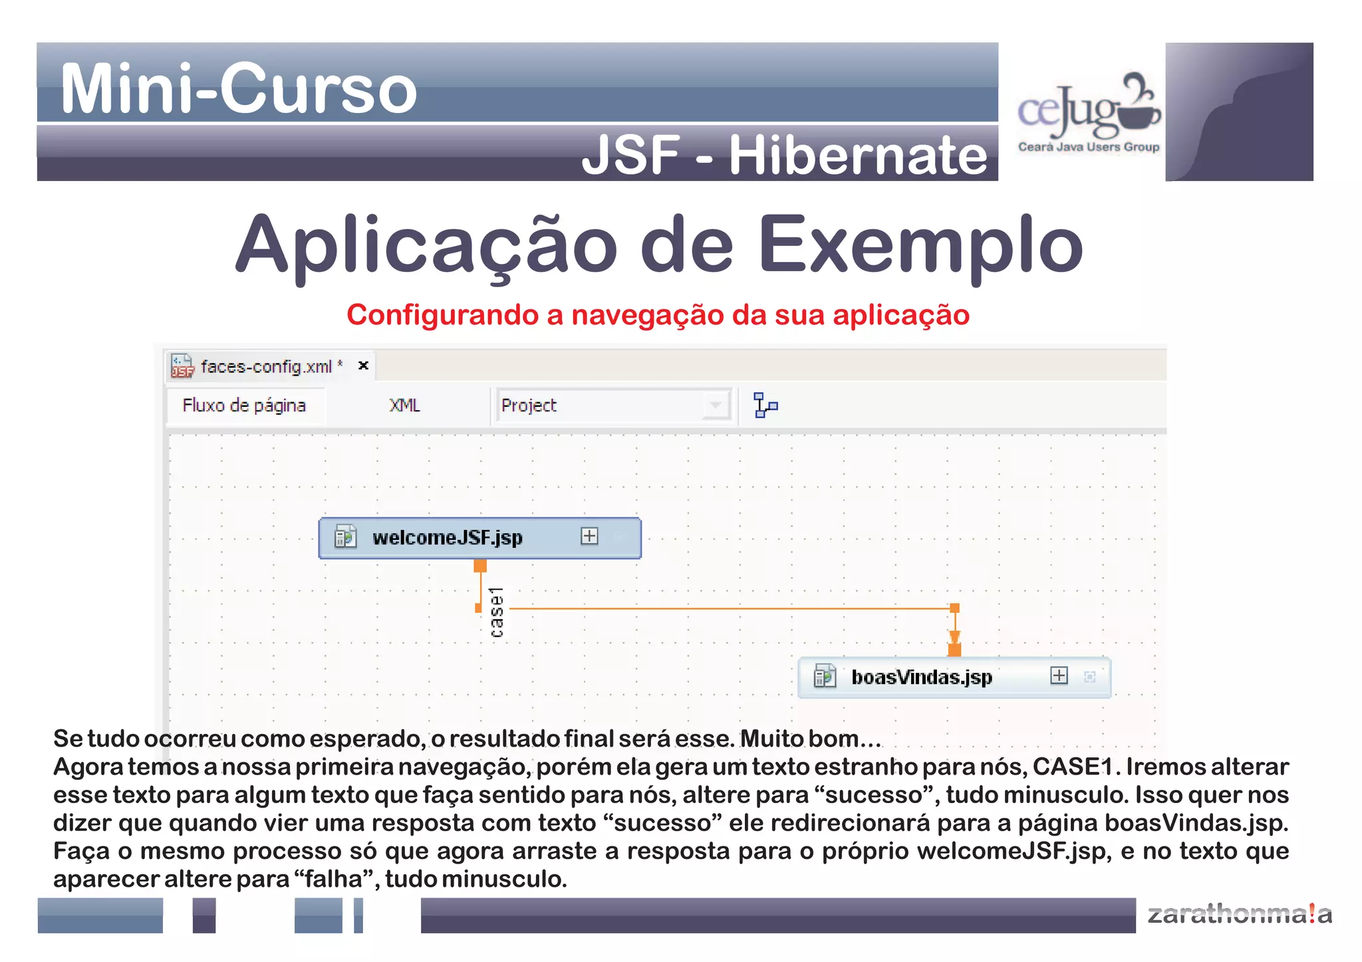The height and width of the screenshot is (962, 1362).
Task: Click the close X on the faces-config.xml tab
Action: (363, 365)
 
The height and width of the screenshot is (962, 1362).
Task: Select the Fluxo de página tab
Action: (244, 405)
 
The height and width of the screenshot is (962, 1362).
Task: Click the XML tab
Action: (404, 405)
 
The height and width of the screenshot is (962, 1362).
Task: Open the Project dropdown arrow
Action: (716, 405)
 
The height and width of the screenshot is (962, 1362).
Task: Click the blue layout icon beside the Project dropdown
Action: (765, 405)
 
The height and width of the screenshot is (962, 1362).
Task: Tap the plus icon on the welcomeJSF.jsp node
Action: (589, 536)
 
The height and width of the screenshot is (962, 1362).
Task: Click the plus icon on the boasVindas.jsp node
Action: (1059, 675)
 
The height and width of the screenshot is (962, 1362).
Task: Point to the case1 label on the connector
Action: (497, 612)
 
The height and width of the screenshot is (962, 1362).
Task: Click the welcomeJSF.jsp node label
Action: (447, 537)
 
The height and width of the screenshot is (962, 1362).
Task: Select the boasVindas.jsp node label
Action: (921, 677)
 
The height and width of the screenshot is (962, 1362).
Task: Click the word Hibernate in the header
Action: (858, 156)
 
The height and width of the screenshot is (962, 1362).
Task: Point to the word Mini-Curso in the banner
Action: (238, 88)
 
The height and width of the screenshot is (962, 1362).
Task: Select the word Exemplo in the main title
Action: (920, 246)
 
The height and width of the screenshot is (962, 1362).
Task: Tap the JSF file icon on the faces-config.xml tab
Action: (182, 366)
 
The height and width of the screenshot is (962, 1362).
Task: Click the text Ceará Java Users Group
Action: (1088, 147)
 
